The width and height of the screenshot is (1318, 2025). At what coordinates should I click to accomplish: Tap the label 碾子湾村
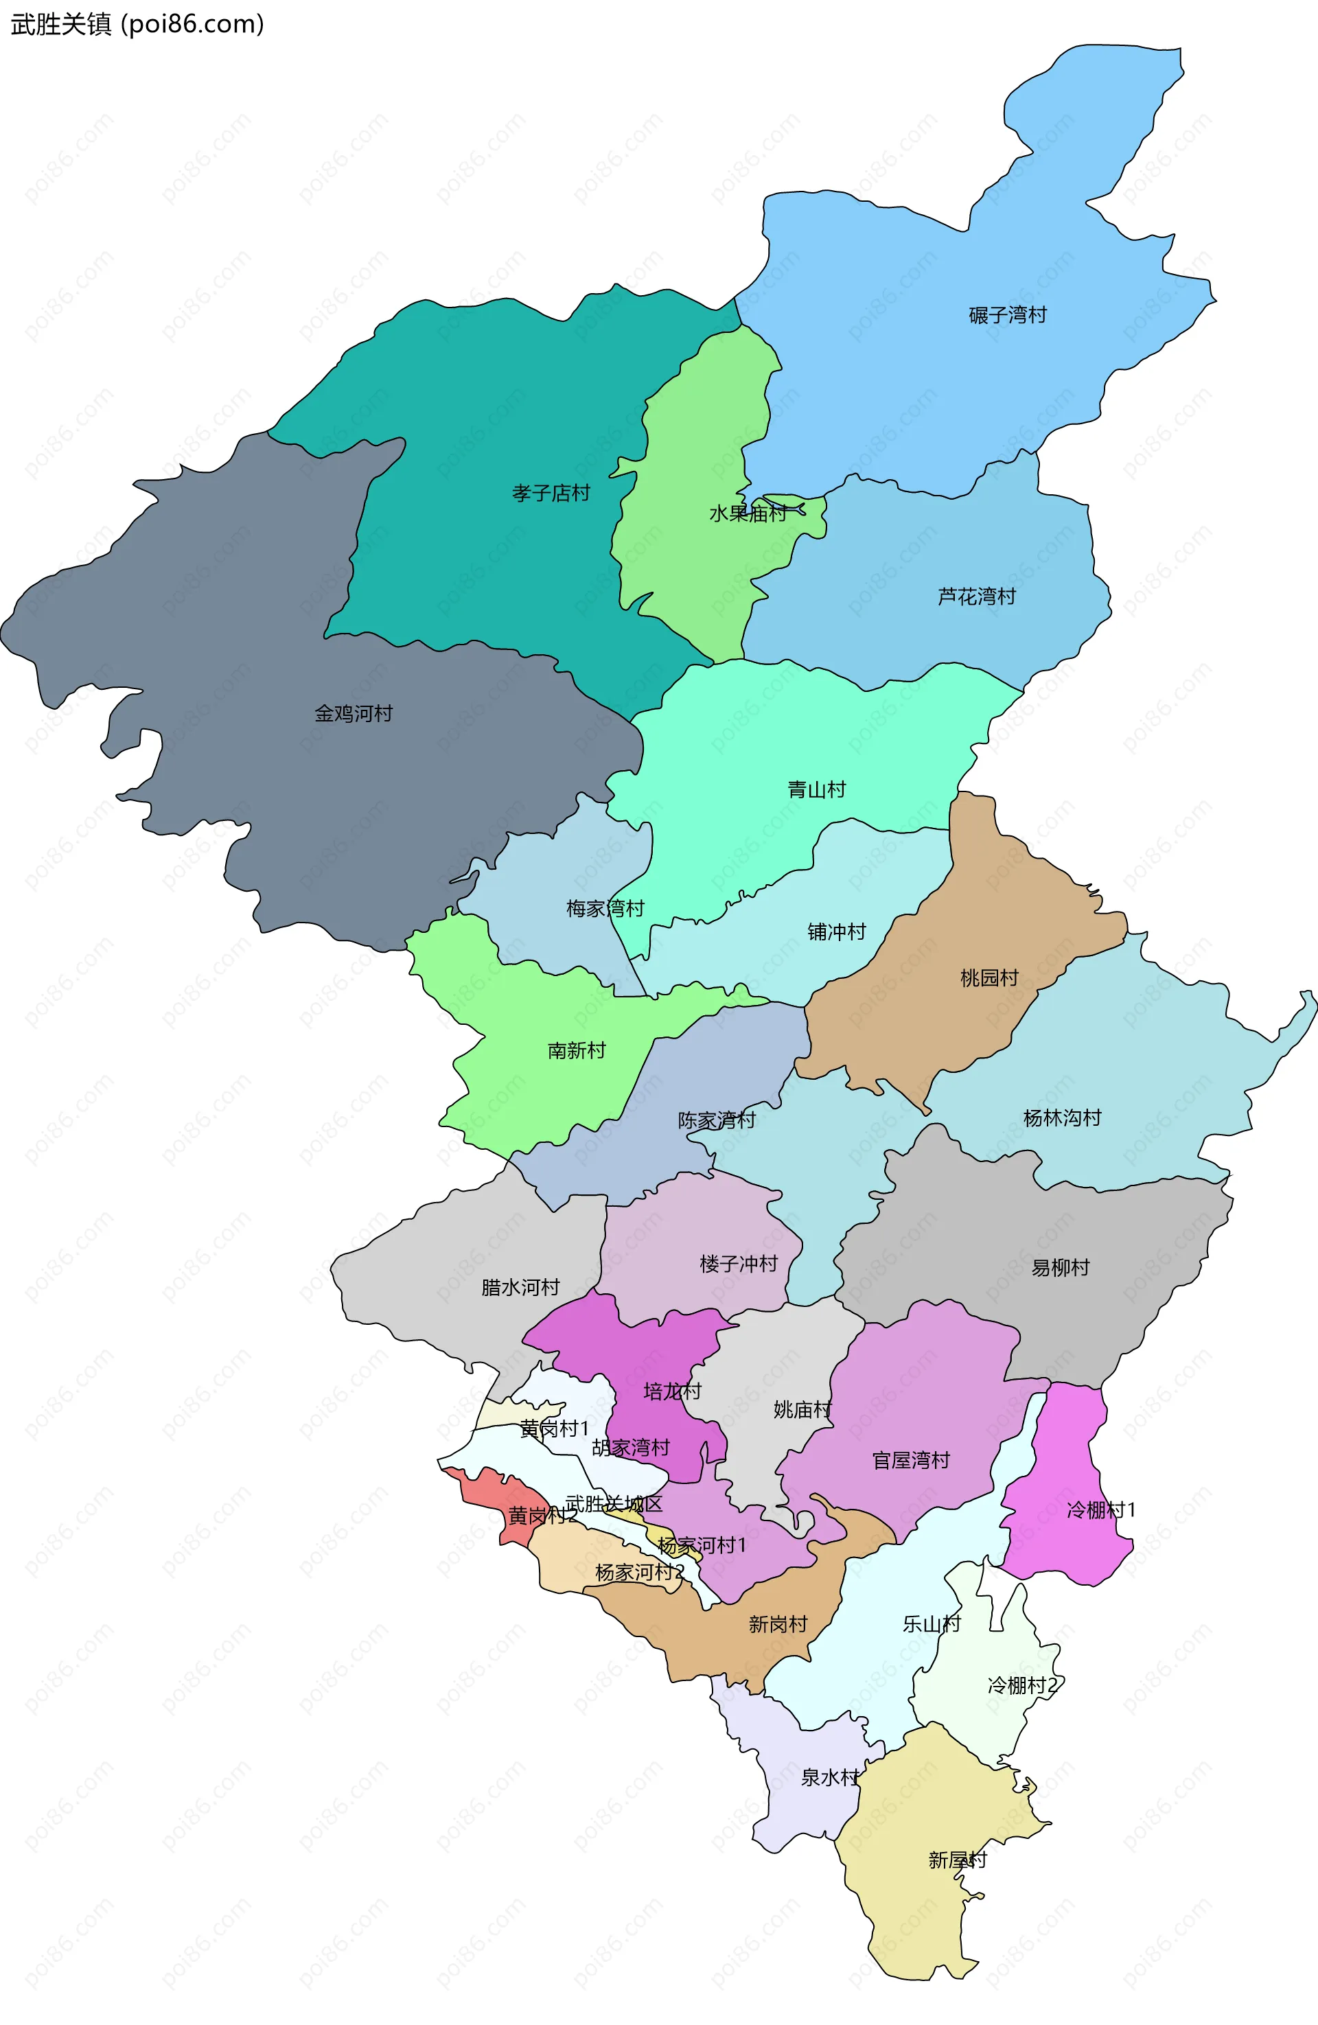[1008, 316]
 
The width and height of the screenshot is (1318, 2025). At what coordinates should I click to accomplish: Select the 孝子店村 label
[551, 494]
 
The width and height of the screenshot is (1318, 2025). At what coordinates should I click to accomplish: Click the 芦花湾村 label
[976, 597]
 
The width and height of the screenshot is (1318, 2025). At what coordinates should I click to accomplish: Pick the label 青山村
[817, 789]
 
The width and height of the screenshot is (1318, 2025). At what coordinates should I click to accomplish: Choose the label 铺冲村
[836, 931]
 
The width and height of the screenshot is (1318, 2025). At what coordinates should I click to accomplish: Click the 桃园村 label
[988, 977]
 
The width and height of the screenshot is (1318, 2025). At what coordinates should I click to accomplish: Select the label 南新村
[576, 1051]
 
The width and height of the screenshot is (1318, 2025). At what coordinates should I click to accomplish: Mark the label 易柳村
[1060, 1268]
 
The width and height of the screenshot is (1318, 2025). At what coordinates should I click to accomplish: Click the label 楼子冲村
[739, 1264]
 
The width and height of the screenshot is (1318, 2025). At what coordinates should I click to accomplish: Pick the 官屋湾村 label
[910, 1460]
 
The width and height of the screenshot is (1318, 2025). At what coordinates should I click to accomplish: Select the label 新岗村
[778, 1624]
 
